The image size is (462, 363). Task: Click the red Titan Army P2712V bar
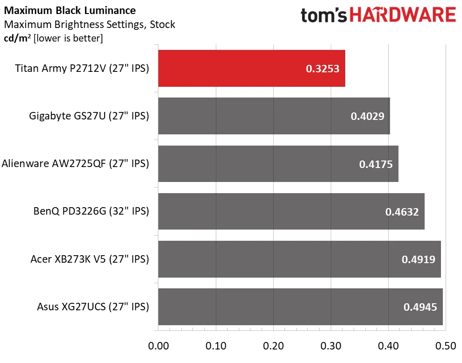tap(251, 69)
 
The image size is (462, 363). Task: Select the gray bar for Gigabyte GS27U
tap(274, 116)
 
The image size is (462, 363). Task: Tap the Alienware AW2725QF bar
tap(278, 164)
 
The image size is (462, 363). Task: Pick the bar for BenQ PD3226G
tap(291, 211)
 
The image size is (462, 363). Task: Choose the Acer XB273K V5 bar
tap(299, 259)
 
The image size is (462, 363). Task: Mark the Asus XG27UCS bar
tap(300, 307)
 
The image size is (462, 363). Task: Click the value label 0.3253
tap(322, 69)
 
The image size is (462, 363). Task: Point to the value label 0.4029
tap(368, 116)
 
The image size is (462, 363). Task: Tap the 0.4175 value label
tap(376, 164)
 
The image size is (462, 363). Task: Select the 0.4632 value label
tap(402, 211)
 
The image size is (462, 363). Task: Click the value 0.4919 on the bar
tap(419, 259)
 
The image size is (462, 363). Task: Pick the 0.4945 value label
tap(420, 307)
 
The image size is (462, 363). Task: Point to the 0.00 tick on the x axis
tap(158, 347)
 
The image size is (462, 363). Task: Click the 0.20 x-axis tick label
tap(273, 347)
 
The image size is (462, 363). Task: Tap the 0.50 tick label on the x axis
tap(445, 347)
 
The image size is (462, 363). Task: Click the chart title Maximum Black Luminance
tap(70, 10)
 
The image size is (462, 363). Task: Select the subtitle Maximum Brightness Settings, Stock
tap(89, 24)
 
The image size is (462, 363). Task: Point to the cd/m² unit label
tap(17, 38)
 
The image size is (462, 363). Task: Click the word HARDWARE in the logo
tap(402, 15)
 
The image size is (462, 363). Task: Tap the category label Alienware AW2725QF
tap(75, 164)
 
